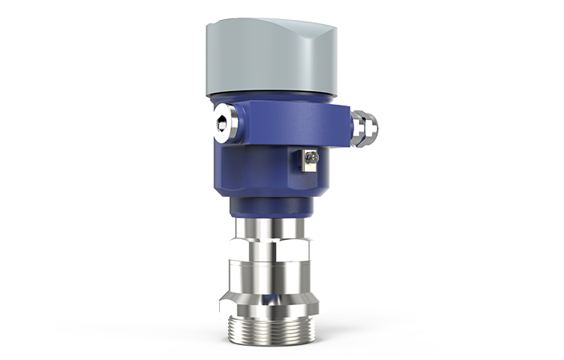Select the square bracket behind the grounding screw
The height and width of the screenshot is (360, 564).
coord(303,159)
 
